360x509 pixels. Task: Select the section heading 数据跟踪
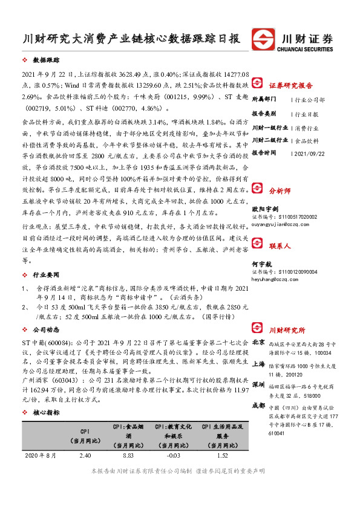click(46, 61)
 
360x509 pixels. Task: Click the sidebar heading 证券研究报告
click(290, 85)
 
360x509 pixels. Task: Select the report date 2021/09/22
click(310, 153)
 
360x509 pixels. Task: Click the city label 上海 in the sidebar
click(258, 365)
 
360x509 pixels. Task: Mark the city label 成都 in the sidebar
click(258, 404)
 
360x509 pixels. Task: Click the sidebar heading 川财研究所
click(287, 330)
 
